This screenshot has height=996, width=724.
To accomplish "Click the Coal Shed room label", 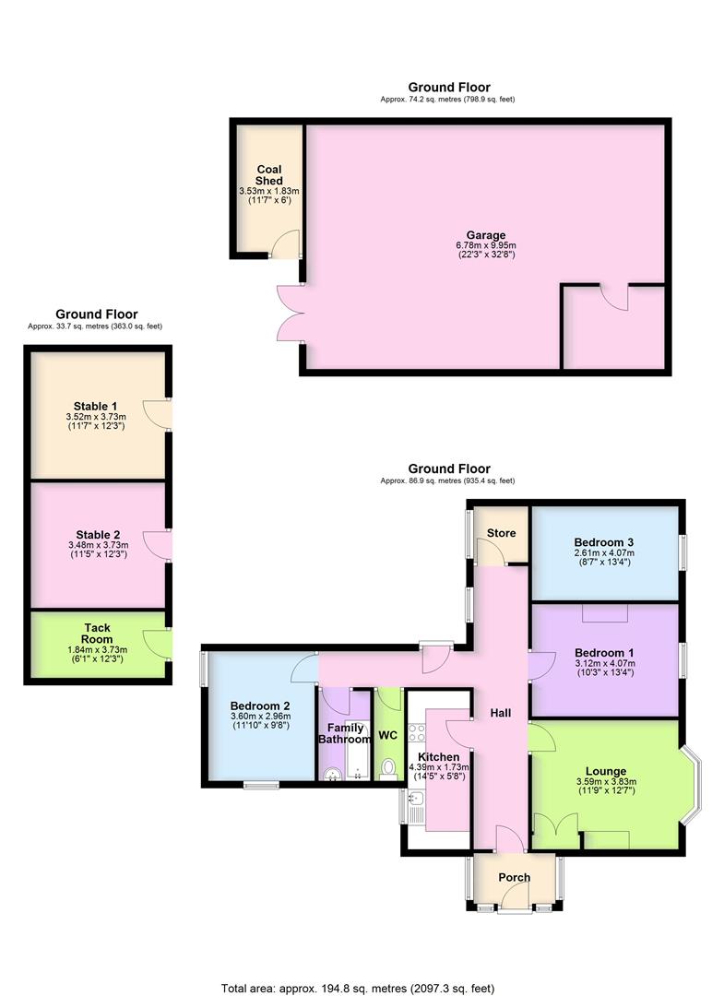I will [268, 174].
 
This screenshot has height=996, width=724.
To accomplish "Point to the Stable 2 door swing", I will [161, 544].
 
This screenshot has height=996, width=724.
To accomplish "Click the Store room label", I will [502, 533].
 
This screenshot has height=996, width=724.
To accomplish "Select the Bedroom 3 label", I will [603, 541].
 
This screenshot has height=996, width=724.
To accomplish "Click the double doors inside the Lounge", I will [556, 830].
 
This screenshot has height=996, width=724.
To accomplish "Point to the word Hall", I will [500, 713].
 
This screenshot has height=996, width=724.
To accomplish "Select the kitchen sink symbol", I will [415, 809].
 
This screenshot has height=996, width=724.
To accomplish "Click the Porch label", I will [514, 877].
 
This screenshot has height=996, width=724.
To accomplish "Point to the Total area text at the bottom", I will [362, 986].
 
